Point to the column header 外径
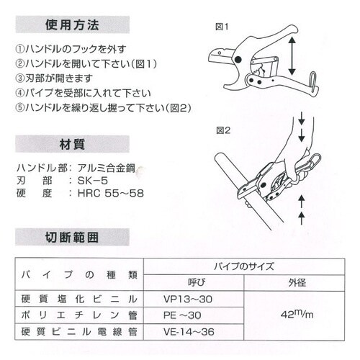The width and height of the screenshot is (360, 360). (x=296, y=282)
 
